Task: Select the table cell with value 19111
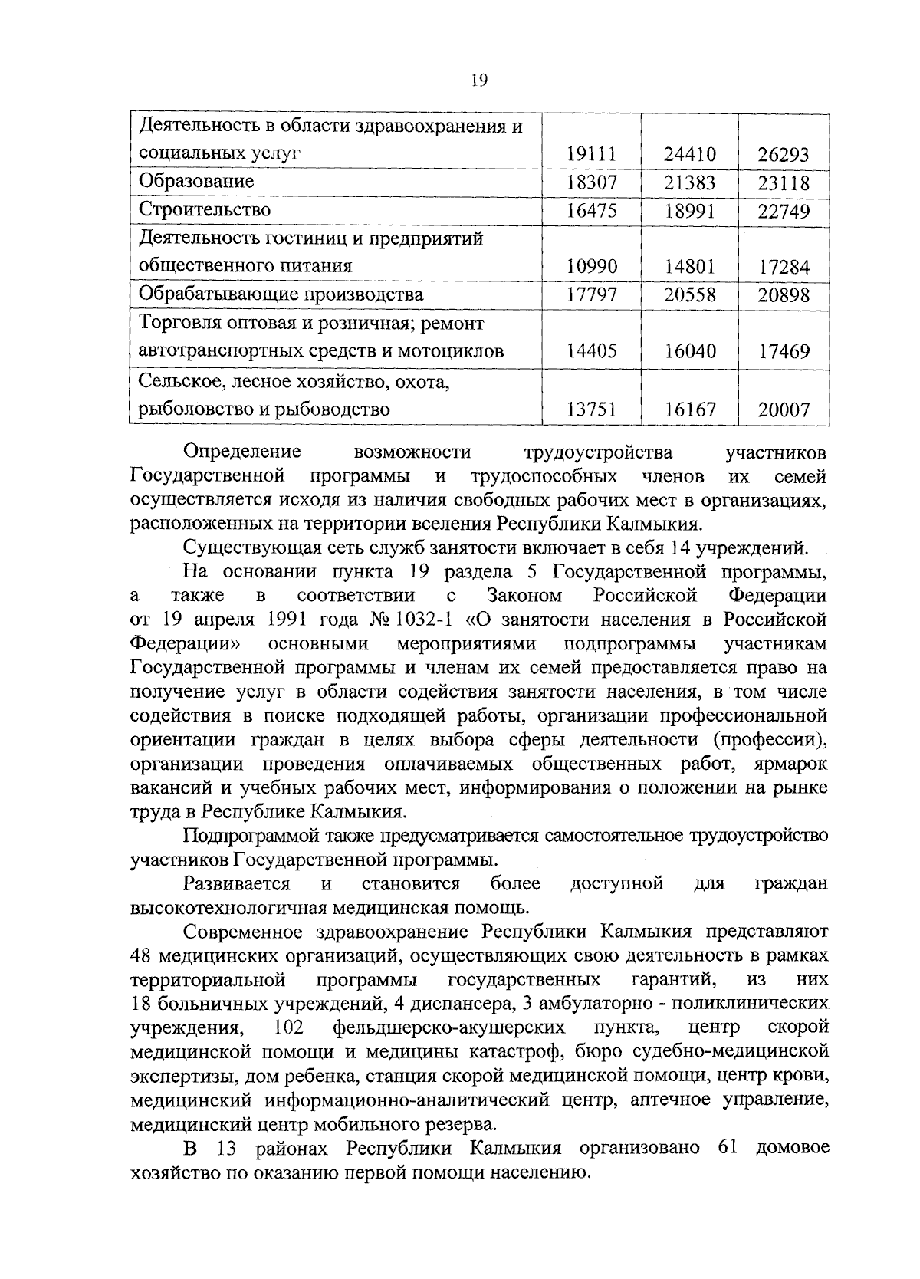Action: [x=591, y=154]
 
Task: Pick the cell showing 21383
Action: [x=689, y=182]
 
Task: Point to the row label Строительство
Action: [x=205, y=209]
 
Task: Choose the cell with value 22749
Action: [x=784, y=211]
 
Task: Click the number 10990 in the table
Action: [x=591, y=266]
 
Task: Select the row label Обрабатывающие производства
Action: [x=281, y=294]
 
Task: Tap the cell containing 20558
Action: [x=689, y=295]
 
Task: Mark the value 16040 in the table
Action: [x=689, y=351]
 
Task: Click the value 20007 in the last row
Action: [x=784, y=410]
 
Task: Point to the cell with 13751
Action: [x=591, y=409]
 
